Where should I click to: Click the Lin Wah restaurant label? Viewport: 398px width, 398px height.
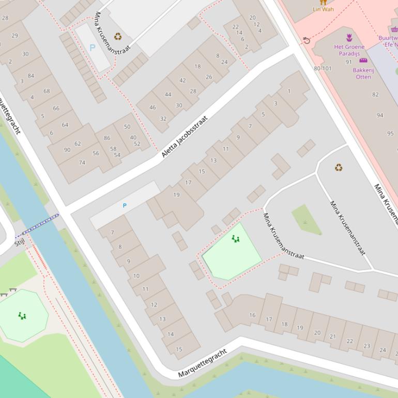coord(323,9)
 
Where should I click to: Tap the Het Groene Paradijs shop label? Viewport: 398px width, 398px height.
coord(349,50)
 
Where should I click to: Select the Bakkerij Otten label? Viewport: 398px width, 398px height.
coord(363,73)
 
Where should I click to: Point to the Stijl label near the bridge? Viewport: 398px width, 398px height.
coord(20,242)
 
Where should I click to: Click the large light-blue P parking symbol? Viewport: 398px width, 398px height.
coord(93,48)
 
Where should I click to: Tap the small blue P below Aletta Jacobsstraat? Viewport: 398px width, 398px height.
coord(125,206)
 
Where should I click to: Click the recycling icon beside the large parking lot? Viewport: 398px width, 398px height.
coord(118,36)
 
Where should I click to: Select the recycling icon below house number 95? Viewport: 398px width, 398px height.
coord(339,167)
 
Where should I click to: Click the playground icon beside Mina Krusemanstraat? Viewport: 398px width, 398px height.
coord(236,239)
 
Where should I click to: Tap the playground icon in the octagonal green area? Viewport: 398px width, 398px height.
coord(22,315)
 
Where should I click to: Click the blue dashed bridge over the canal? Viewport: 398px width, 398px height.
coord(37,226)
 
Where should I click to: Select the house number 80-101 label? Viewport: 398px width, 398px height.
coord(323,68)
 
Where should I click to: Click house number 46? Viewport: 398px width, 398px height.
coord(152,108)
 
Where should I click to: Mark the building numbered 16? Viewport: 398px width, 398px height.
coord(252,315)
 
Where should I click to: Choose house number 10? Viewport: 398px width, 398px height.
coord(136,275)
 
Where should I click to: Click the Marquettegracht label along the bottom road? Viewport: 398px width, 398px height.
coord(203,363)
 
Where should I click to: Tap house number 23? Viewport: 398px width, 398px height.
coord(366,346)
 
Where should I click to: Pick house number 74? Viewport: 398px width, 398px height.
coord(82,162)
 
